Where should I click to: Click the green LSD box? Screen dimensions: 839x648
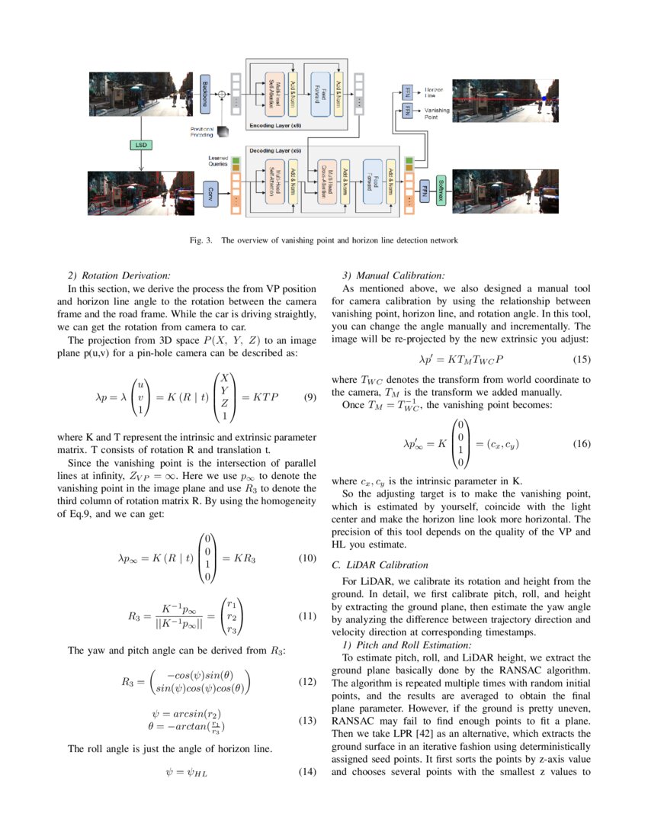pos(141,144)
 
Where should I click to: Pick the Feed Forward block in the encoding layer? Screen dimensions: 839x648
pos(319,94)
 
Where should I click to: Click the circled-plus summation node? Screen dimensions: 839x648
pos(222,94)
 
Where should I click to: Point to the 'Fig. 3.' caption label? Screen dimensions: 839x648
pos(200,240)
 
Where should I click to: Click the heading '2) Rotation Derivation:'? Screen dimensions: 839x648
pos(120,275)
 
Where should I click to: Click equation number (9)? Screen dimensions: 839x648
pos(310,397)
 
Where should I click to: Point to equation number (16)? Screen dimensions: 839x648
pos(581,443)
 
